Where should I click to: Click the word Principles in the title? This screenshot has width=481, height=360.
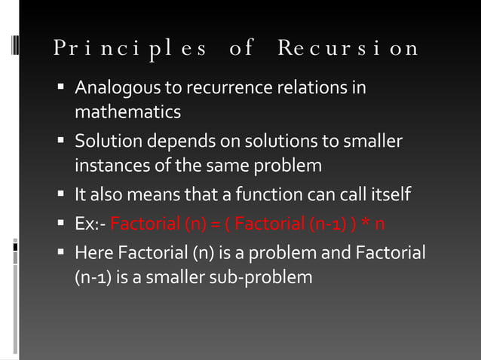(130, 49)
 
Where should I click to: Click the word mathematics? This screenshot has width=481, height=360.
(127, 113)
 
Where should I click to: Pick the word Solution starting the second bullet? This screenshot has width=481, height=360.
(104, 142)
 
